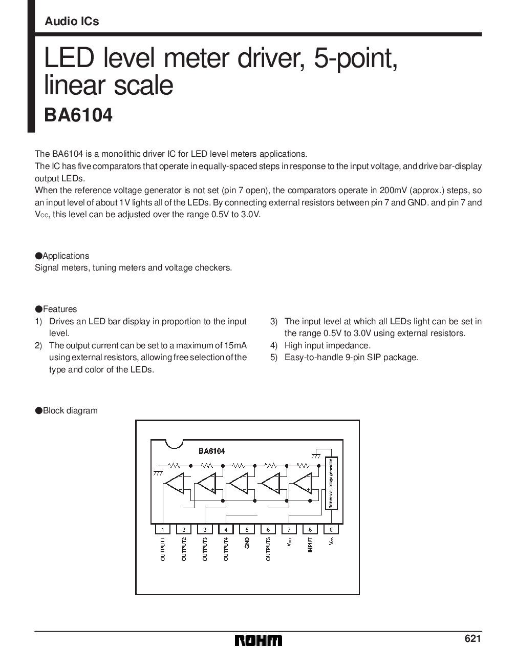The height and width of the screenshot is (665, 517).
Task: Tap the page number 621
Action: (473, 638)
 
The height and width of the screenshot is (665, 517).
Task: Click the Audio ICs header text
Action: (72, 22)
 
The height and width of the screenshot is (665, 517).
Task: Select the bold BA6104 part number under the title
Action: (78, 116)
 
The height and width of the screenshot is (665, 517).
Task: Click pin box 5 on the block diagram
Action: (247, 529)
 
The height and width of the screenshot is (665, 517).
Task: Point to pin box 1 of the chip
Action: (162, 529)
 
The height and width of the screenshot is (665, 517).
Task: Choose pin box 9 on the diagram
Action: (331, 529)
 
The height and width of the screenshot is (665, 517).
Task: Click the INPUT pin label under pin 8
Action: (310, 545)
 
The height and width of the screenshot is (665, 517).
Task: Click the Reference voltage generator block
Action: (331, 483)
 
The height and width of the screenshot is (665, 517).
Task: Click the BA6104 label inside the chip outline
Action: (211, 451)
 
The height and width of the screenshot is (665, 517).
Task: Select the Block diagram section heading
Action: (70, 410)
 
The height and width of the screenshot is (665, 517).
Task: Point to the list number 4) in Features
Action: (274, 345)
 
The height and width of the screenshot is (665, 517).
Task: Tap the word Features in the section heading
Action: (60, 309)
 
